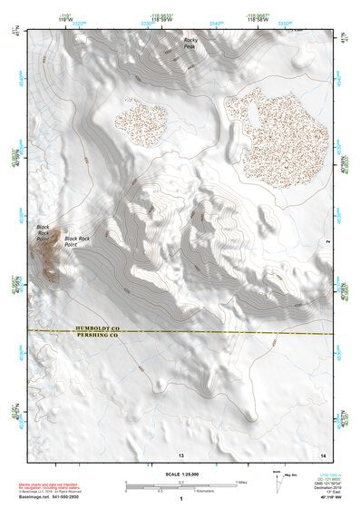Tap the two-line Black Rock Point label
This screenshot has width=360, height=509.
77,240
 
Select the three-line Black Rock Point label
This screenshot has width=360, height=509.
44,233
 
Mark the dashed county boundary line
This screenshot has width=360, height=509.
227,333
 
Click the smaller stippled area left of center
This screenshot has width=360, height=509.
139,122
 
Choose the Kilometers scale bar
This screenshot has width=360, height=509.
181,491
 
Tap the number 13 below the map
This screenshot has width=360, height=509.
181,454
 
